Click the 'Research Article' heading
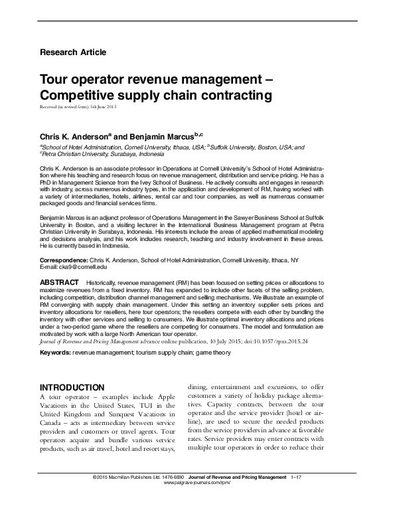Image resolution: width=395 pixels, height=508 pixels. (73, 52)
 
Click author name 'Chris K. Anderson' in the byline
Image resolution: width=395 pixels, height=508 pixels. (75, 135)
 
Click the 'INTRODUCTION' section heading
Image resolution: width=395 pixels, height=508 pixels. (72, 387)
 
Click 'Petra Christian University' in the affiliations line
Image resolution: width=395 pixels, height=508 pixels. (77, 153)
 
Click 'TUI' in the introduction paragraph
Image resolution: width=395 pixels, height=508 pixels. (137, 406)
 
